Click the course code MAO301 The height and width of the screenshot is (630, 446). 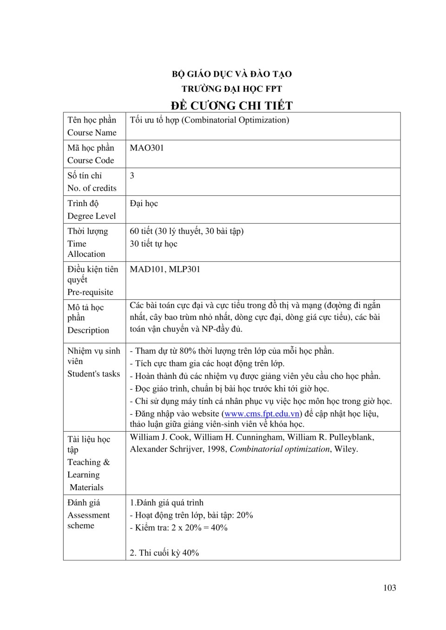pos(147,148)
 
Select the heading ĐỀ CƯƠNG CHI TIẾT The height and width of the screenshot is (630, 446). pos(231,105)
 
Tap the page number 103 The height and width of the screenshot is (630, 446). pos(390,588)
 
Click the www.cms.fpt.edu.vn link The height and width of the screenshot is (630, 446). pos(262,414)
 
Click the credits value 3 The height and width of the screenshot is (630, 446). pos(132,176)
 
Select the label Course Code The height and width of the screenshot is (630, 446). pos(91,161)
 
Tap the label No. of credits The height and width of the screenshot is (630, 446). pos(92,188)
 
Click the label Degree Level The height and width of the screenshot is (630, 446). pos(92,216)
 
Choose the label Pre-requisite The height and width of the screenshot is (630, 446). pos(90,292)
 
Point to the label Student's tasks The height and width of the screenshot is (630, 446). pos(93,374)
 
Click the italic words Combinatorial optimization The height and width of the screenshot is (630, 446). pos(280,449)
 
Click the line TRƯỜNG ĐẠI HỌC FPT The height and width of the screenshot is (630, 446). pos(231,89)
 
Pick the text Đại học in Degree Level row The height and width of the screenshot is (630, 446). pos(144,204)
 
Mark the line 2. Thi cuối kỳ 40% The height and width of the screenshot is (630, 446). pos(164,553)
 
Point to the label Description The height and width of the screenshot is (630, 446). pos(88,331)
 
